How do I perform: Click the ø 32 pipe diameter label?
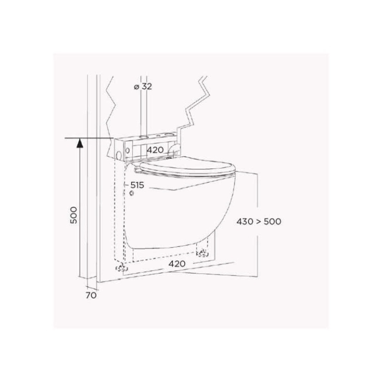click(x=143, y=86)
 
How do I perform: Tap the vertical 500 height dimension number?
click(x=73, y=215)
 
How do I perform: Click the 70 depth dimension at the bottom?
click(x=91, y=295)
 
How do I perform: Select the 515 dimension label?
click(x=137, y=185)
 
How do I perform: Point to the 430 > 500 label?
click(x=259, y=221)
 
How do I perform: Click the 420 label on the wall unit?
click(x=155, y=150)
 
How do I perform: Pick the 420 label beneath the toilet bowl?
click(x=177, y=264)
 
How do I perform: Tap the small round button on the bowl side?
click(x=131, y=193)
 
